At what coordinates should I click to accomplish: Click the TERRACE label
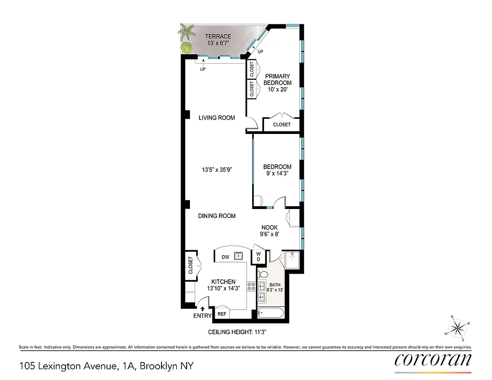tap(218, 37)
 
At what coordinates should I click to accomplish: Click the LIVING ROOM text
tap(217, 118)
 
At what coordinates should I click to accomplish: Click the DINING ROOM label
tap(217, 216)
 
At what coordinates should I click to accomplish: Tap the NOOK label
tap(269, 228)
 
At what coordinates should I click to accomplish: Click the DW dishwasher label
tap(226, 257)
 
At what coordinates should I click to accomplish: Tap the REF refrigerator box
tap(222, 314)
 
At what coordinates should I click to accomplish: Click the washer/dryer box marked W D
tap(259, 257)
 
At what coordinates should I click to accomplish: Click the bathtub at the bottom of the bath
tap(271, 313)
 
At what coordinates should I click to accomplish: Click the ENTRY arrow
tap(203, 309)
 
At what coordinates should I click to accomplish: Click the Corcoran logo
tap(433, 360)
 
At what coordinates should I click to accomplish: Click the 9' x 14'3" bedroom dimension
tap(277, 174)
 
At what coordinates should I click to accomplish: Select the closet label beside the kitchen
tap(190, 265)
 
